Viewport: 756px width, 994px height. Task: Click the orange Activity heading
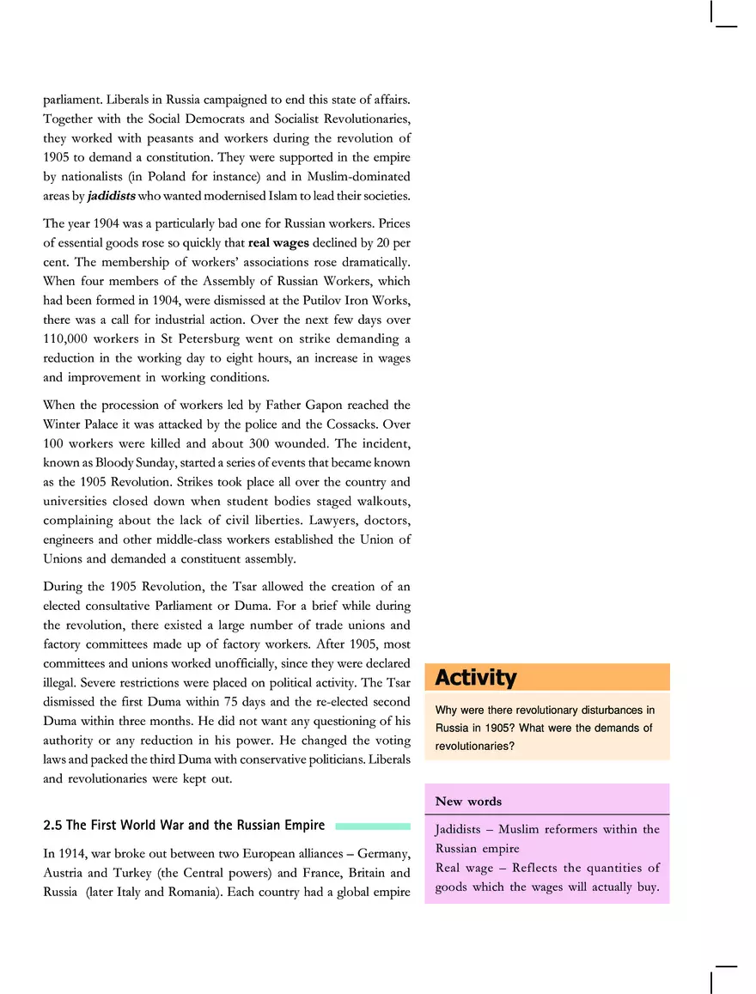click(x=476, y=678)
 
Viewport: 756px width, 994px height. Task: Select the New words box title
click(x=468, y=801)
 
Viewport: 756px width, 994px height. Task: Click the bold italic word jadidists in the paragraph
click(x=111, y=196)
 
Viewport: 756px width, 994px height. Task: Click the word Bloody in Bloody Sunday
click(x=101, y=462)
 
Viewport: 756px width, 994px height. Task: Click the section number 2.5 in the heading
click(x=53, y=826)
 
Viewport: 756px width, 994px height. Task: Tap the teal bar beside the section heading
click(x=372, y=826)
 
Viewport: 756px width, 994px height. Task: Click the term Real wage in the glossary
click(x=463, y=868)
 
